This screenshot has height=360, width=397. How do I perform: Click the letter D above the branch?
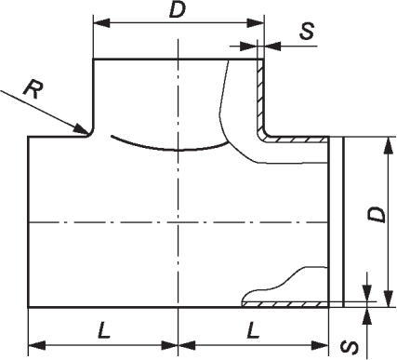178,11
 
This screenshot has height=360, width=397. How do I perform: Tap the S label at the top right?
307,32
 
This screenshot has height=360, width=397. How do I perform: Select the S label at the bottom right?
351,347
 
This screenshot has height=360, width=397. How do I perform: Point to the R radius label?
33,89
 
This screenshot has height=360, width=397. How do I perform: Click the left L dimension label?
104,330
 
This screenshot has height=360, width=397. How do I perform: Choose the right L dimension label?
253,330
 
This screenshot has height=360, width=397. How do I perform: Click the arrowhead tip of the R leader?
87,134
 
